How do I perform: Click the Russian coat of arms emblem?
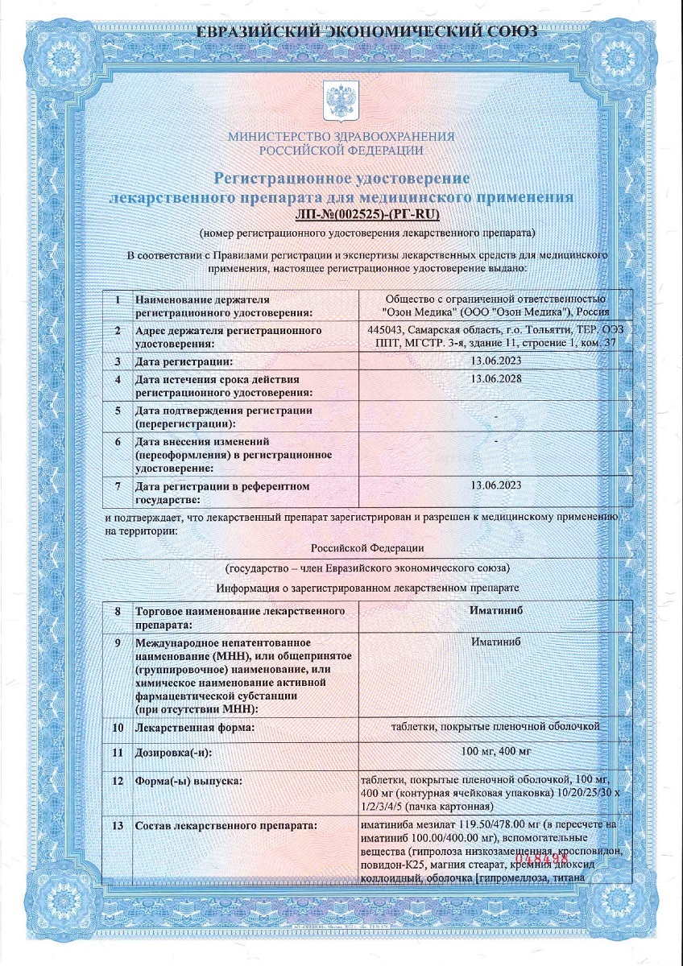point(341,100)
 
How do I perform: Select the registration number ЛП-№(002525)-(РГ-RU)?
point(366,213)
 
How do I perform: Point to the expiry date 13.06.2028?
point(495,378)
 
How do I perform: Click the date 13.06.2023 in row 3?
point(495,361)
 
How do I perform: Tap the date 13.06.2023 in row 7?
point(495,484)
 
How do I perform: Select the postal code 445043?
point(385,330)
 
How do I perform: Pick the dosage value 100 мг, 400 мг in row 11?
point(495,752)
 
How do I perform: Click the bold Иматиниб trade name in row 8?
point(495,611)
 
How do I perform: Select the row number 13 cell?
point(118,825)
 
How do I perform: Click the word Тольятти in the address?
point(548,330)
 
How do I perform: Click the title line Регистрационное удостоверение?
point(341,177)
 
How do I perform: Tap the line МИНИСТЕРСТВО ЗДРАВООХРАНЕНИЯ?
point(341,137)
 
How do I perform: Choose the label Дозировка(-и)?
point(178,752)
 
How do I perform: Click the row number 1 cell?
point(118,299)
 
